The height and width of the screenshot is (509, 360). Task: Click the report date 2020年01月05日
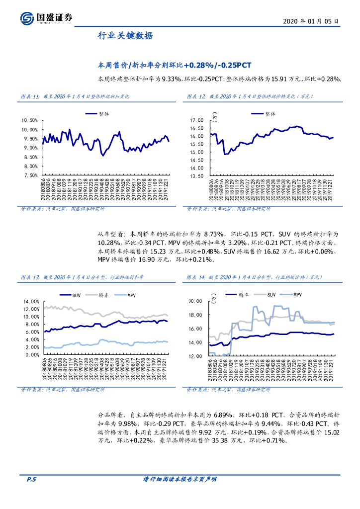(311, 22)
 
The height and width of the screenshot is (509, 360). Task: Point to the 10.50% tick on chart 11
(30, 121)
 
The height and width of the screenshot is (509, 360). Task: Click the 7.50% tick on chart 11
(30, 175)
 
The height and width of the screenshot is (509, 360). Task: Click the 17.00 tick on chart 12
(197, 121)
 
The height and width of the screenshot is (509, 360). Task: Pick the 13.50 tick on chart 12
(197, 175)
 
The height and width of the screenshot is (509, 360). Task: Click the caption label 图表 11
(29, 96)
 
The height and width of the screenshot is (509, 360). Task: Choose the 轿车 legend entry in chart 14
(243, 295)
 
